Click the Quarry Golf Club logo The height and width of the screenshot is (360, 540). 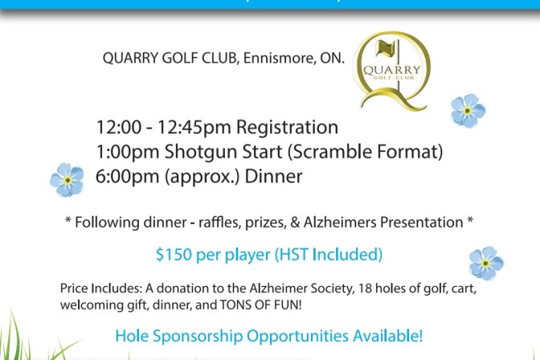click(393, 70)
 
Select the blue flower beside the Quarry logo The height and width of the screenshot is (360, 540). click(468, 110)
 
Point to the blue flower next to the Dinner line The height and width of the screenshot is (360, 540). click(67, 179)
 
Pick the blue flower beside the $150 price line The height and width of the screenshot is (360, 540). click(485, 263)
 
